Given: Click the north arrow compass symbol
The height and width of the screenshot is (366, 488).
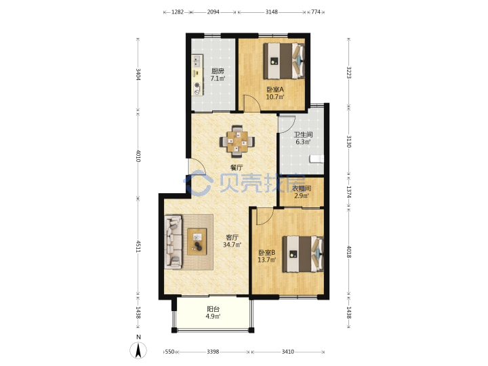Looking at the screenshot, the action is pyautogui.click(x=138, y=350).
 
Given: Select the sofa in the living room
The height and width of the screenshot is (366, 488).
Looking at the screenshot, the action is pyautogui.click(x=173, y=242).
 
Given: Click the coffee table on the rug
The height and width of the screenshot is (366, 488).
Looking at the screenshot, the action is pyautogui.click(x=197, y=241).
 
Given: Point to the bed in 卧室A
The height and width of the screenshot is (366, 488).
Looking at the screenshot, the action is pyautogui.click(x=284, y=61).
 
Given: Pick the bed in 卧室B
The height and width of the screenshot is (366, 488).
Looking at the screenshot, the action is pyautogui.click(x=303, y=254).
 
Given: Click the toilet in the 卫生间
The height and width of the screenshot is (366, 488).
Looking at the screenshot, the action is pyautogui.click(x=317, y=159).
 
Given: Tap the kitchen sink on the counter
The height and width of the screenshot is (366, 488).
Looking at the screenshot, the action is pyautogui.click(x=197, y=61).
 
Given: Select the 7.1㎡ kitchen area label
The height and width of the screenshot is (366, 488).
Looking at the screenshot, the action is pyautogui.click(x=218, y=79).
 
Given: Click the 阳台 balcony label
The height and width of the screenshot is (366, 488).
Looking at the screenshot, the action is pyautogui.click(x=213, y=309).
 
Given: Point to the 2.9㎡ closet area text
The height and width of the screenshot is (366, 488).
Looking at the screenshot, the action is pyautogui.click(x=302, y=196).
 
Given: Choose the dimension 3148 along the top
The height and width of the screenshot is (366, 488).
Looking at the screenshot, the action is pyautogui.click(x=271, y=12).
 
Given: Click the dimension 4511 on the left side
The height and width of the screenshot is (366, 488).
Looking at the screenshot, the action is pyautogui.click(x=138, y=246).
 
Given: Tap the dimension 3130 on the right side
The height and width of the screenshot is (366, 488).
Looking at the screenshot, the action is pyautogui.click(x=348, y=142).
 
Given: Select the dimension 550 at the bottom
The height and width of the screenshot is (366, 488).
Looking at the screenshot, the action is pyautogui.click(x=169, y=352).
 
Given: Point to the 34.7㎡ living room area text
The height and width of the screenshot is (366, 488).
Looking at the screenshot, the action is pyautogui.click(x=232, y=245).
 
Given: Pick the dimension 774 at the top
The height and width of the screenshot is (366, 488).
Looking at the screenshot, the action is pyautogui.click(x=316, y=12).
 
